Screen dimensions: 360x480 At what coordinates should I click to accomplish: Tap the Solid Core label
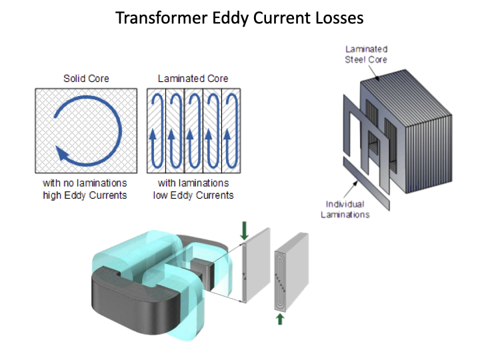(x=86, y=79)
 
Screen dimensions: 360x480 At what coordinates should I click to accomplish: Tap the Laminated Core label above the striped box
(x=193, y=79)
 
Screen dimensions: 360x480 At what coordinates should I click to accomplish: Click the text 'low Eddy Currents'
(x=193, y=195)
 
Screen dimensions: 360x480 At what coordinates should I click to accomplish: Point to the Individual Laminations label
(x=347, y=209)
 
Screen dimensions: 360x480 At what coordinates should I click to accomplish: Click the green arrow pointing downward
(x=244, y=231)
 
